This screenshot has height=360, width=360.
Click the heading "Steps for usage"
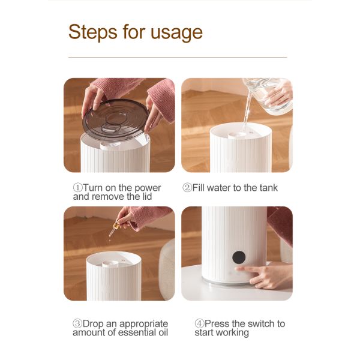(x=135, y=32)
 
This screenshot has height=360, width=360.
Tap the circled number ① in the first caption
(x=78, y=188)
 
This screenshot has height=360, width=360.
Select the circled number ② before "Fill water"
(x=187, y=188)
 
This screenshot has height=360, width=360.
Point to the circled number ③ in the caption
(x=78, y=324)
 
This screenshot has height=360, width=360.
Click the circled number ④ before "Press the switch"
(x=199, y=324)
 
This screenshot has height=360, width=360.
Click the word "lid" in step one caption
(x=145, y=196)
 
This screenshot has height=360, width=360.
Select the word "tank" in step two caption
(x=268, y=188)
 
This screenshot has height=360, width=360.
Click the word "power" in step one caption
(x=148, y=188)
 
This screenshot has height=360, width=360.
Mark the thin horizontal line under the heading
(x=178, y=57)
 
